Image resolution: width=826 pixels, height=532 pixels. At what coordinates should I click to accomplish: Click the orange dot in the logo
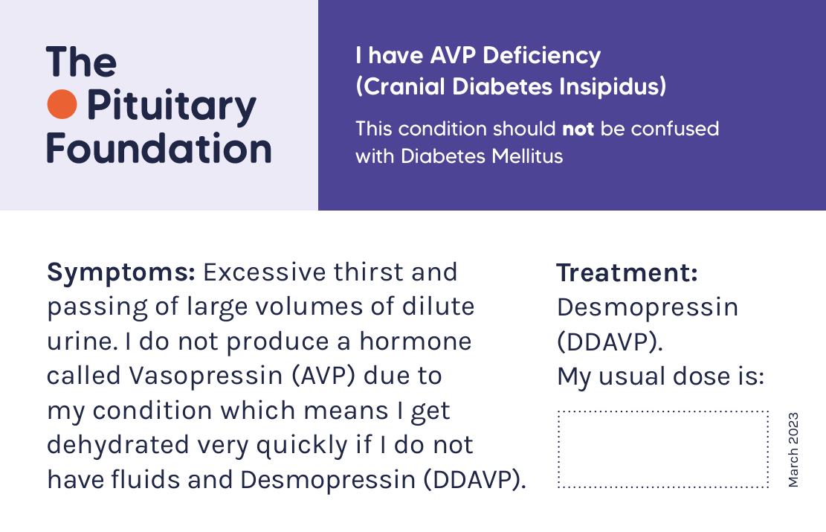[62, 104]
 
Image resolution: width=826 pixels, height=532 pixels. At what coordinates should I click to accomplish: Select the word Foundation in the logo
[159, 148]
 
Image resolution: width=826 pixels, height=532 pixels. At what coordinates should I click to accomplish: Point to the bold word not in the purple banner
[578, 129]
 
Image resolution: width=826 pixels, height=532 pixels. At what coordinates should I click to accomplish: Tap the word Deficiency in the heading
[541, 56]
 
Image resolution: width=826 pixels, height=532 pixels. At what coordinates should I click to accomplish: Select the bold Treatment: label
[627, 272]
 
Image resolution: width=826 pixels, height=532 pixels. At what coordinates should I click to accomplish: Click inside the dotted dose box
[662, 449]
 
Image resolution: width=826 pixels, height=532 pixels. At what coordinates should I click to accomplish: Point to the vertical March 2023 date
[793, 449]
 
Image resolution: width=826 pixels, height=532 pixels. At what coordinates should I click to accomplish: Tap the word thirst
[369, 272]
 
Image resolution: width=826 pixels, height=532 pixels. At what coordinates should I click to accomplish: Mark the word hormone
[416, 341]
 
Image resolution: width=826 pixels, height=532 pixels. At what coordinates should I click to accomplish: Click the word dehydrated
[118, 444]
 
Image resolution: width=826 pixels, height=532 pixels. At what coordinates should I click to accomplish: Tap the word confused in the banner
[675, 129]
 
